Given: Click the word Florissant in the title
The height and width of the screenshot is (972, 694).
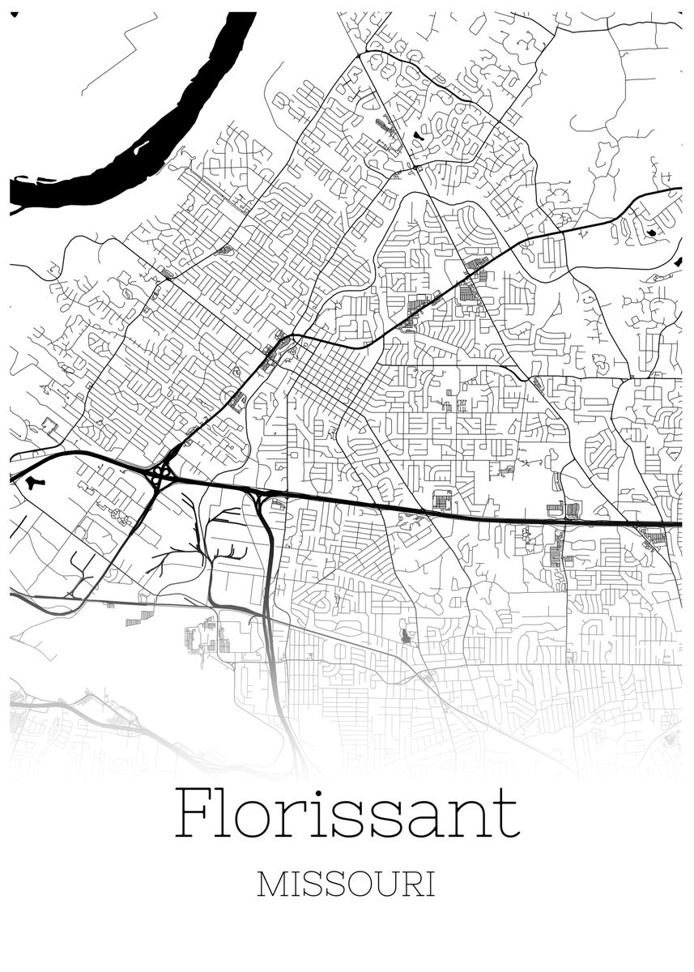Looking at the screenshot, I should point(347,812).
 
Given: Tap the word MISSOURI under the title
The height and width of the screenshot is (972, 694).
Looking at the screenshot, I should point(346,885).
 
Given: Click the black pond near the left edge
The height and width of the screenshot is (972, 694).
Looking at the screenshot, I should point(32,484).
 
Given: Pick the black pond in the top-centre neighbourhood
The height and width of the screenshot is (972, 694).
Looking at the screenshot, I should point(417,136).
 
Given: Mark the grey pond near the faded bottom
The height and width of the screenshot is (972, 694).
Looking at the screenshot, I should point(405,636).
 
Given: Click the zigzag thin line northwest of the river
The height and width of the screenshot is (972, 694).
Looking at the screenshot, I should point(109,53).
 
